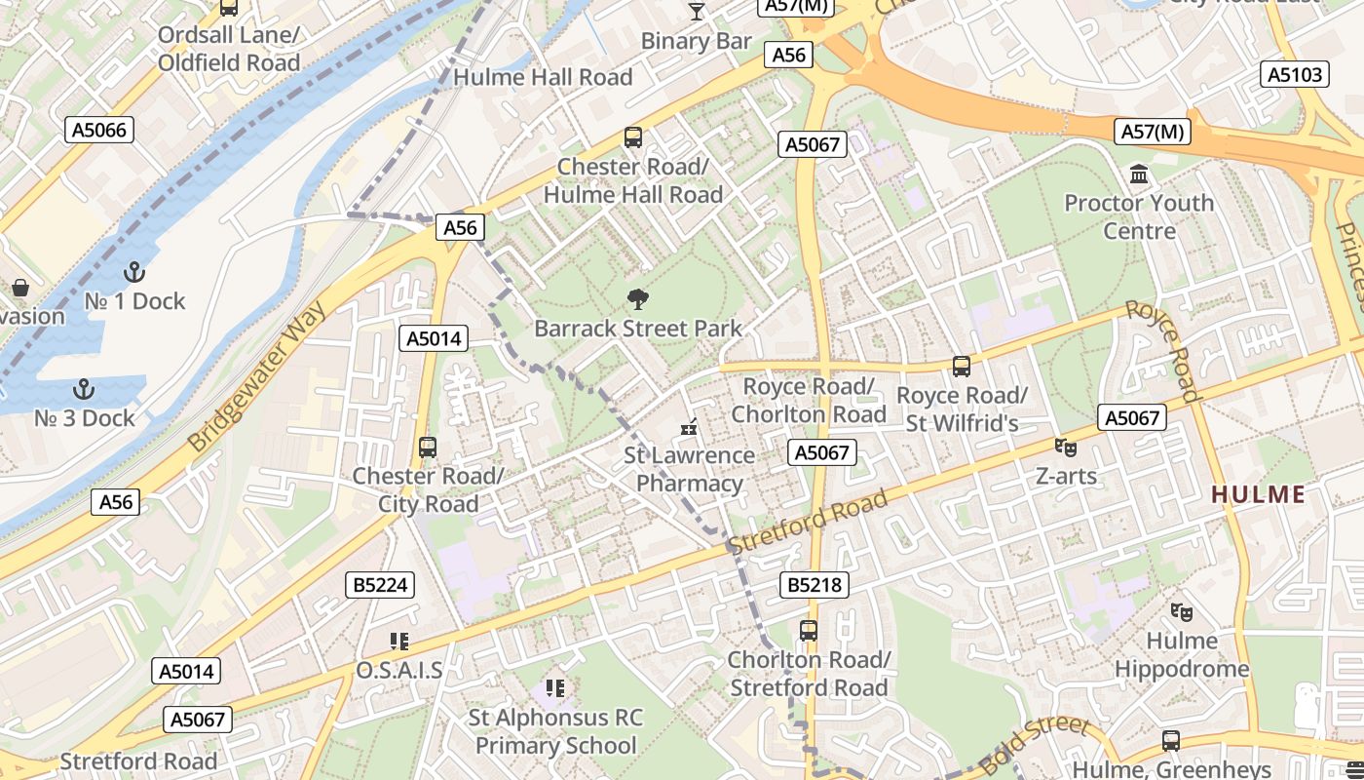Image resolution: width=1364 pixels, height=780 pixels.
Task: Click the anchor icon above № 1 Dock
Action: [134, 272]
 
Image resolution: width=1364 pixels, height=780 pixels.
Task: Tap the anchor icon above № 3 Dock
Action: [84, 389]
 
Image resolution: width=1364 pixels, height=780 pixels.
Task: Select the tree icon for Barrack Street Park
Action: [638, 299]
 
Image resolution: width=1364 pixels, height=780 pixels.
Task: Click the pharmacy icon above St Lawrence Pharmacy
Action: [689, 426]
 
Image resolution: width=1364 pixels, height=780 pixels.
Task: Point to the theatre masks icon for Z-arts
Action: [1066, 448]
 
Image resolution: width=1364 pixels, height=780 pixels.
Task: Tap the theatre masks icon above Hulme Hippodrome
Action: [1182, 612]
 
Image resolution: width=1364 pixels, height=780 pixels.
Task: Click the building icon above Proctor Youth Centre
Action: [1138, 175]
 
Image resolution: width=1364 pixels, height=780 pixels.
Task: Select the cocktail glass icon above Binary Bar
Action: [696, 12]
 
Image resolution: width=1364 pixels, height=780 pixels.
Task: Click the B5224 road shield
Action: [380, 585]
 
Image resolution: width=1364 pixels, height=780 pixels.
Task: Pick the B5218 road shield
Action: [814, 585]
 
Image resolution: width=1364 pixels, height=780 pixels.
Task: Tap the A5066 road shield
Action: [100, 130]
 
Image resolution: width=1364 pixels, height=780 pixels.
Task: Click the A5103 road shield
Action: [1296, 74]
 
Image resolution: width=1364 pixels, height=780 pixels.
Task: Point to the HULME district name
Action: [1258, 494]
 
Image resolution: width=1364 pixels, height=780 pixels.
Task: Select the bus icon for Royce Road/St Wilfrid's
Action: [962, 367]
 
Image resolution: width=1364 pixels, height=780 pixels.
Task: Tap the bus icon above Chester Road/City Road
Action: [428, 448]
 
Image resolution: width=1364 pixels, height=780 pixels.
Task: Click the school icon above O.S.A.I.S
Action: [398, 642]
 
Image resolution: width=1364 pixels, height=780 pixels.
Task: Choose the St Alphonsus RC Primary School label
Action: [555, 731]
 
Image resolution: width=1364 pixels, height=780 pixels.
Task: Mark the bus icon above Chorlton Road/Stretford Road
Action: [809, 631]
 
